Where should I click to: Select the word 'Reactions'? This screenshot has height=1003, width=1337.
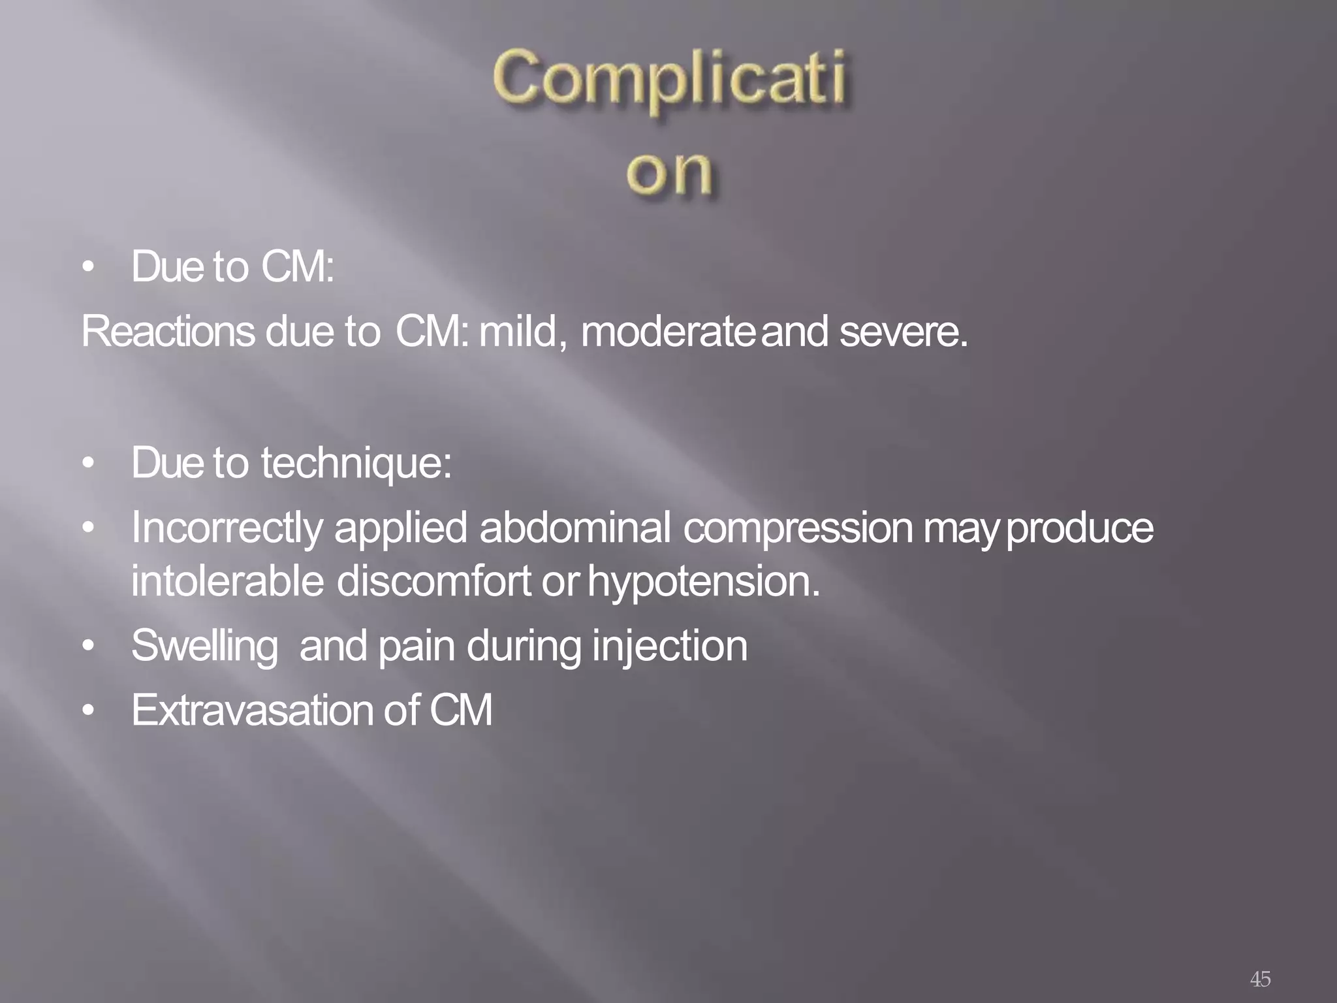pos(168,331)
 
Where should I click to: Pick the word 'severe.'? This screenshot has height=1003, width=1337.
pos(904,331)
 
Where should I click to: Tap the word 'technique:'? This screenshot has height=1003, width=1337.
pos(356,463)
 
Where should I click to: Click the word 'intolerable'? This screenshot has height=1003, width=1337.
pos(227,581)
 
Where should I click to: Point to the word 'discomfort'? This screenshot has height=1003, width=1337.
pos(433,581)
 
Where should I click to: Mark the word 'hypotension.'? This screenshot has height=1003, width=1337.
pos(704,581)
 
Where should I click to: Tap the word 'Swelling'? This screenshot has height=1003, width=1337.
pos(204,646)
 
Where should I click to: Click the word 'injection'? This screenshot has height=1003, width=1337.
pos(670,646)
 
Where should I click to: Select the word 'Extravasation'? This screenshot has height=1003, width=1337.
pos(252,710)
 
